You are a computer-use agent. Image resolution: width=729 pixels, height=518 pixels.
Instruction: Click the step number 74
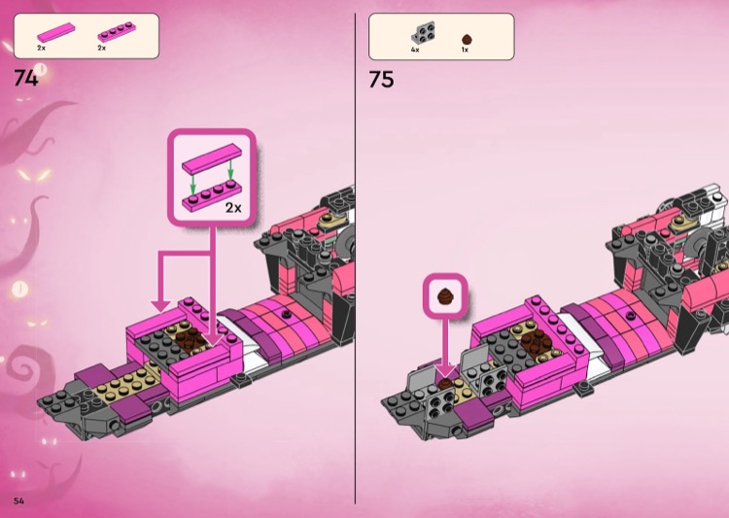coord(25,78)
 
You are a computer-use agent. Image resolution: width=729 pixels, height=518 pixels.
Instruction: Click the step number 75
coord(381,79)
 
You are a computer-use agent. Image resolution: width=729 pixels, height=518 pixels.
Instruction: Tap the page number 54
coord(18,501)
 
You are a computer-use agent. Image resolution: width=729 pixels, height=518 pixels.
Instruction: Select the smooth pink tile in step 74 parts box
coord(55,32)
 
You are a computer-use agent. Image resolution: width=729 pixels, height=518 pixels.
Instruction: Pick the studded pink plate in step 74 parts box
coord(117,32)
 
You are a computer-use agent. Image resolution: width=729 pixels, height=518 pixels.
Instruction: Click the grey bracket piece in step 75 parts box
coord(423,32)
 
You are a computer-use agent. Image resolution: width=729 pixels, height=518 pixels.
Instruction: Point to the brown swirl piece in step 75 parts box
coord(467,39)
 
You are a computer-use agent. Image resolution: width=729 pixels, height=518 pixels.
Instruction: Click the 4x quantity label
coord(415,50)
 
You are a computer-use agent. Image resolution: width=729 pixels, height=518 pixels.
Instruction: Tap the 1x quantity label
coord(465,50)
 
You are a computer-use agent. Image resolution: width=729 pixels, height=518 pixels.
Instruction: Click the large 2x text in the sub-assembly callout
coord(233,207)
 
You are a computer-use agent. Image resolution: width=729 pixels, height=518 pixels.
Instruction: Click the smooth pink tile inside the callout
coord(212,159)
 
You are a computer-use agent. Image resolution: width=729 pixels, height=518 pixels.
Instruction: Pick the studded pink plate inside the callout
coord(212,196)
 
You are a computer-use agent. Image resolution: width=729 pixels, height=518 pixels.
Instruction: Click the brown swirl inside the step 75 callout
coord(445,295)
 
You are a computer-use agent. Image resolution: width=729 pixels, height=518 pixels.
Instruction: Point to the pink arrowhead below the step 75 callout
coord(446,371)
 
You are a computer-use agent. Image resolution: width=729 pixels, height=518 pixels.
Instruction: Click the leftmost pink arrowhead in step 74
coord(160,305)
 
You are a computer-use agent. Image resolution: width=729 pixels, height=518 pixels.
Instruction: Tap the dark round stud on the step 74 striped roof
coord(287,314)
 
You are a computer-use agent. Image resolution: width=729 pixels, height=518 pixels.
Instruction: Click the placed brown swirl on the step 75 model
coord(445,384)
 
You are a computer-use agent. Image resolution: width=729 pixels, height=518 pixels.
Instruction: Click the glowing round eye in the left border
coord(19,290)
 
